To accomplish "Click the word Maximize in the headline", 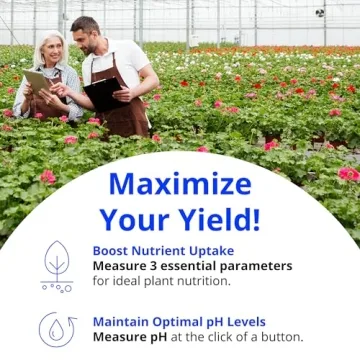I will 181,183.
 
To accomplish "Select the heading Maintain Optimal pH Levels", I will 179,322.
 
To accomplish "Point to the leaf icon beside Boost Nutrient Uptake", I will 57,262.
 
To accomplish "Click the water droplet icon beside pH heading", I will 56,330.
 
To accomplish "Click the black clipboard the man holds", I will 104,93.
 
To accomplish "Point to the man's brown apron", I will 127,110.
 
